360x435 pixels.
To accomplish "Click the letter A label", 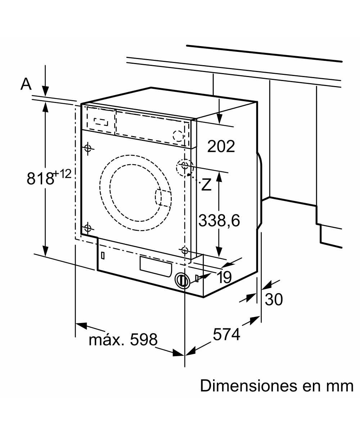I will point(26,84).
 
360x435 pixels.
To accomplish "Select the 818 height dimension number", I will point(40,179).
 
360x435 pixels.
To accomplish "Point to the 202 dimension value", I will point(221,146).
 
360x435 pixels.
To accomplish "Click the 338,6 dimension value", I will point(219,221).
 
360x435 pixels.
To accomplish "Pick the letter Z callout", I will point(206,185).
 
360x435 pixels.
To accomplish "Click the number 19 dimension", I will point(224,277).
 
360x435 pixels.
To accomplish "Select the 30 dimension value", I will point(274,299).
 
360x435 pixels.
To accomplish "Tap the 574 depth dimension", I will point(226,335).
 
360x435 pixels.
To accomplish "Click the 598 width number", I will point(144,339).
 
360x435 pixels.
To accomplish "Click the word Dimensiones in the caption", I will point(246,386).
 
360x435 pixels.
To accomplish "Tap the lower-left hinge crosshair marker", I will point(87,228).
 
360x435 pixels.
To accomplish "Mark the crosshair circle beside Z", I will point(185,166).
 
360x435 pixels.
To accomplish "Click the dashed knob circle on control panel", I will point(179,135).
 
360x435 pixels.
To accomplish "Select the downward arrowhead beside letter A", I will point(46,91).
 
